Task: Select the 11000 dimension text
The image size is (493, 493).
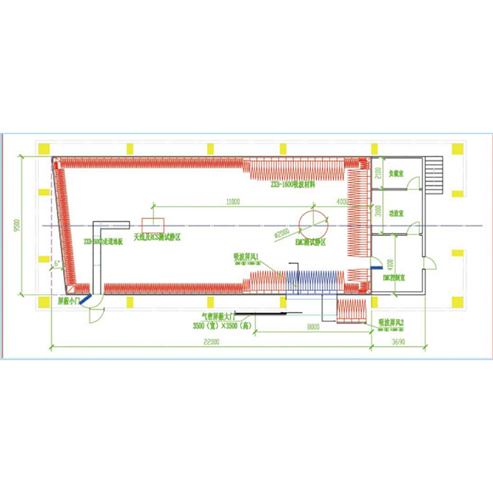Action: coord(231,201)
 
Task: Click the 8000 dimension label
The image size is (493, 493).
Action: coord(312,326)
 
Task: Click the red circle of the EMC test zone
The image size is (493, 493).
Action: coord(312,223)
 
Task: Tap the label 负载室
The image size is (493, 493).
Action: coord(395,174)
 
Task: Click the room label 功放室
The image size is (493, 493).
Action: coord(395,212)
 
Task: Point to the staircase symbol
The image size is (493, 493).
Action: coord(434,174)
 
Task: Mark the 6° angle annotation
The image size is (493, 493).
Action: coord(57,264)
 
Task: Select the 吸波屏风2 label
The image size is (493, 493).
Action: coord(390,323)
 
